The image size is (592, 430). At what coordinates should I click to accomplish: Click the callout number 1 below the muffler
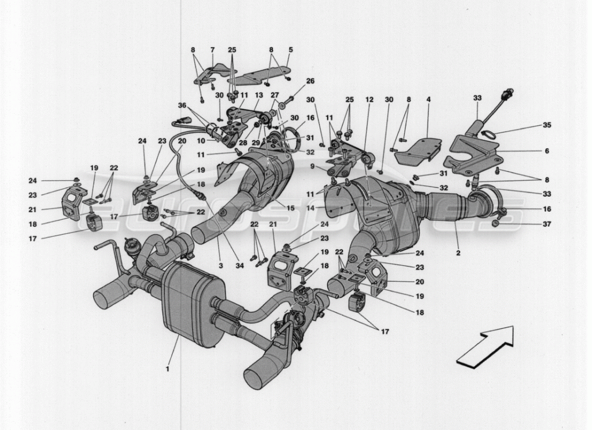pyautogui.click(x=168, y=369)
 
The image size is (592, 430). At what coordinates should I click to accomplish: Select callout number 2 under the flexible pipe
pyautogui.click(x=458, y=253)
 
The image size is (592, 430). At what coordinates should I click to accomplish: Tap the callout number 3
pyautogui.click(x=220, y=266)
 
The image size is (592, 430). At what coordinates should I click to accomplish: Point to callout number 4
pyautogui.click(x=428, y=100)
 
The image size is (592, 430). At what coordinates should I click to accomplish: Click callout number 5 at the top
pyautogui.click(x=290, y=50)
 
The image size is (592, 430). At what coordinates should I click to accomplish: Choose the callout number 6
pyautogui.click(x=547, y=151)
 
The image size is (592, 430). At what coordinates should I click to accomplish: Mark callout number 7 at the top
pyautogui.click(x=212, y=50)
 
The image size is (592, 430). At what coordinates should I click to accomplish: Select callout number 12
pyautogui.click(x=369, y=100)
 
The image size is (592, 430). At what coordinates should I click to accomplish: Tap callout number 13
pyautogui.click(x=258, y=96)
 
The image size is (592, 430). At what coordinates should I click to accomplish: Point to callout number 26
pyautogui.click(x=310, y=81)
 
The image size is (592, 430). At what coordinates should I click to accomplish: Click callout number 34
pyautogui.click(x=239, y=266)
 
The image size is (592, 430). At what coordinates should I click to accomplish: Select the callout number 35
pyautogui.click(x=547, y=125)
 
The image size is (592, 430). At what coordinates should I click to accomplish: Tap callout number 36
pyautogui.click(x=182, y=105)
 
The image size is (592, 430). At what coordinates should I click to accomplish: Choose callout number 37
pyautogui.click(x=547, y=224)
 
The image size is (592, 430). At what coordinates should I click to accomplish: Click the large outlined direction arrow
pyautogui.click(x=486, y=346)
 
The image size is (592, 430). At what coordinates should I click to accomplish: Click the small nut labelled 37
pyautogui.click(x=495, y=224)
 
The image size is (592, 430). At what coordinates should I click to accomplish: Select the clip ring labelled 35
pyautogui.click(x=486, y=133)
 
